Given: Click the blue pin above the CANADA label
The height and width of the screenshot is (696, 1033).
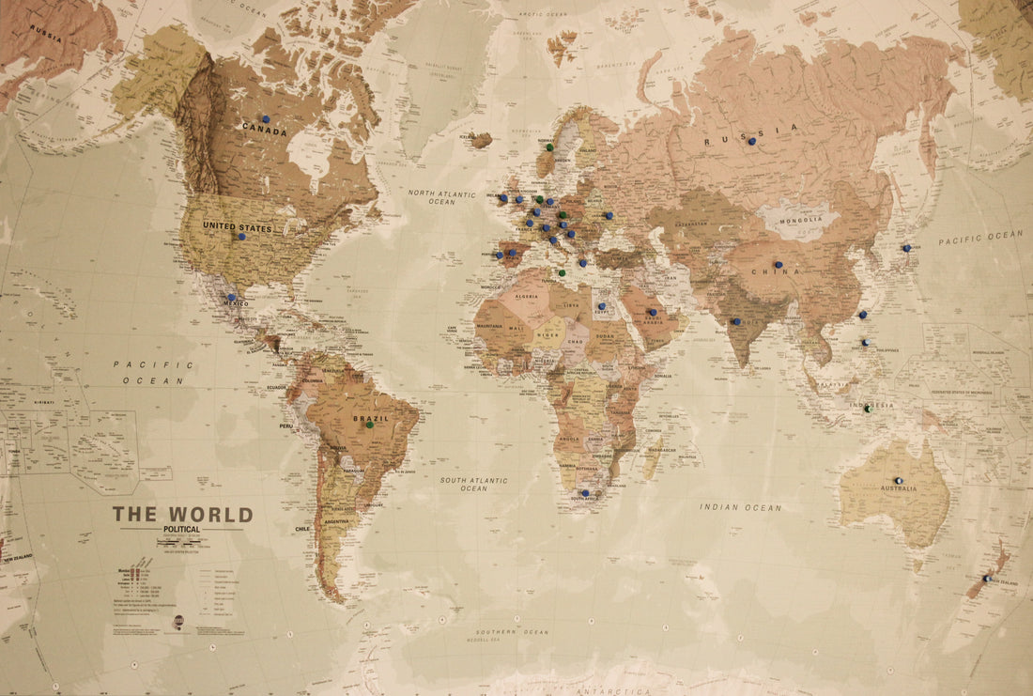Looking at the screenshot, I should [x=266, y=119].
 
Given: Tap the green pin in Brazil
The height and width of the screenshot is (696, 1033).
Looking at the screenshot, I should [x=370, y=425].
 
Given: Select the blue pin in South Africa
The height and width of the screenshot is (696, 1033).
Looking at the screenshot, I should [x=585, y=492].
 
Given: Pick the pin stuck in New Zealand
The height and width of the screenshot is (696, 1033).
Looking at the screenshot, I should [x=986, y=579].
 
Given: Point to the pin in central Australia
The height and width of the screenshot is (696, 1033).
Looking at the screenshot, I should [x=898, y=480].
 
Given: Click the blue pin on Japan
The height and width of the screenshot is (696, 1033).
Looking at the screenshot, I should [x=906, y=248].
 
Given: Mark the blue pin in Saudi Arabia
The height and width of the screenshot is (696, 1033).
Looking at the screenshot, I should [x=651, y=312].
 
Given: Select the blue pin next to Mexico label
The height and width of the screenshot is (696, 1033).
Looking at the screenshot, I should [x=231, y=297].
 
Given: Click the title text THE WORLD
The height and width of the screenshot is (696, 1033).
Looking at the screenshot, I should [x=182, y=515].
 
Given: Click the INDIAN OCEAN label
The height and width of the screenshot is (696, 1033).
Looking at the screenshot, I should [x=740, y=507].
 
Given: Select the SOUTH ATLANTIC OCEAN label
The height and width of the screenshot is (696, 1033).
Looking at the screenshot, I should [x=474, y=484].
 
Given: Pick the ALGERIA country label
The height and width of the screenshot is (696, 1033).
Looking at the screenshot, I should [x=525, y=296].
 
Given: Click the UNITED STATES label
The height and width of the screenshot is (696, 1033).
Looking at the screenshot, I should [x=237, y=227].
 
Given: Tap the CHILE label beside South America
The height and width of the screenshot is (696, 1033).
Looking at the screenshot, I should [x=301, y=529].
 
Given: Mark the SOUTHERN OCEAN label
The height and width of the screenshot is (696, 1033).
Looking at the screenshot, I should [x=512, y=632].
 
